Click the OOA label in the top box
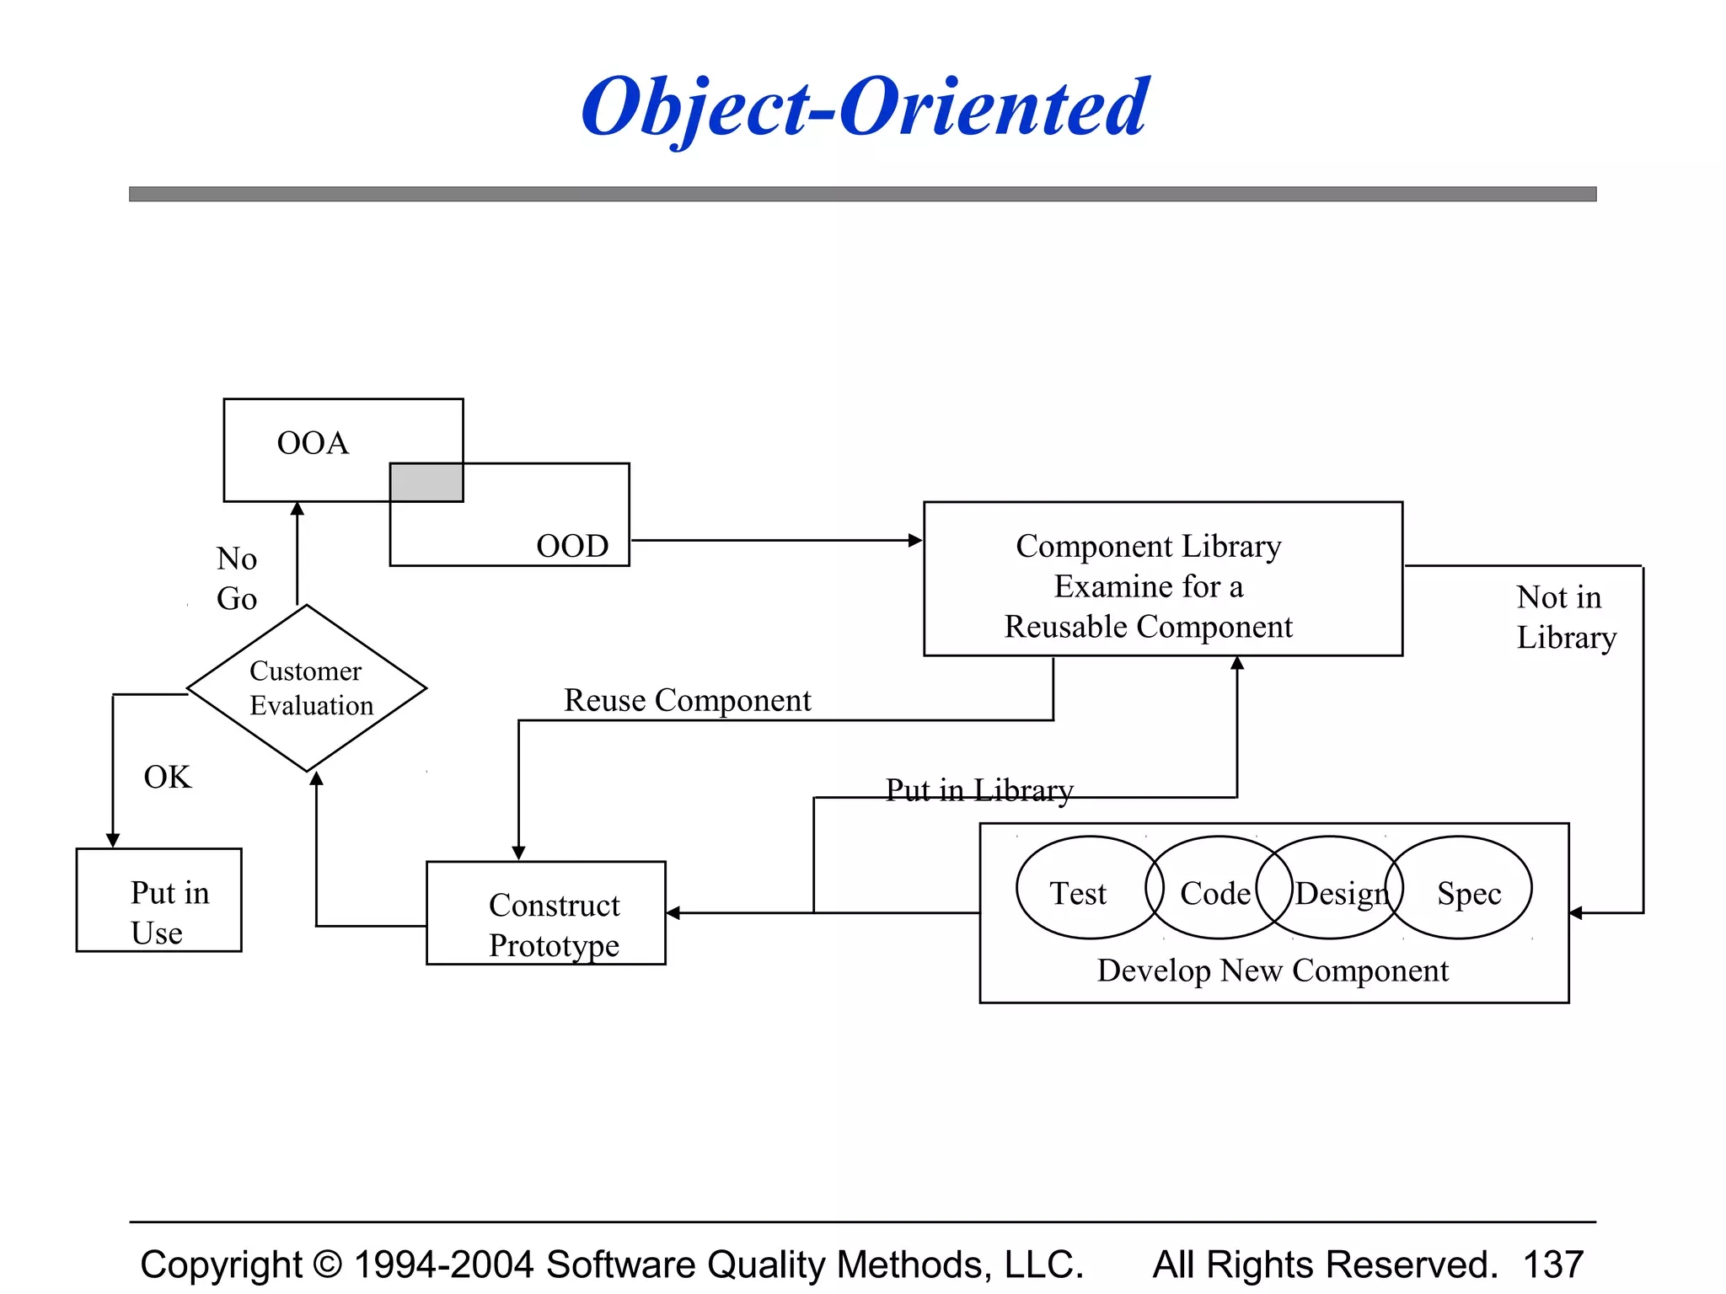coord(313,443)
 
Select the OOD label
coord(572,546)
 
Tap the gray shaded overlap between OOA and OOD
coord(426,483)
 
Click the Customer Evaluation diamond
coord(307,688)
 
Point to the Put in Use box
coord(159,900)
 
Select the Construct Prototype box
coord(546,912)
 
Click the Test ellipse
coord(1078,893)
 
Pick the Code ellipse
coord(1214,893)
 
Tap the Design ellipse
coord(1340,893)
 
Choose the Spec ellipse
coord(1469,893)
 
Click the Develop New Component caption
coord(1273,970)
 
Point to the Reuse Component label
coord(687,700)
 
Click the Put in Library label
coord(979,789)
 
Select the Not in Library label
coord(1565,618)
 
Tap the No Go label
coord(237,579)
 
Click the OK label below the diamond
coord(168,777)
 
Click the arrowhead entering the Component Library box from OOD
coord(915,540)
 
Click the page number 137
coord(1553,1264)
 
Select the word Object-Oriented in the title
coord(865,108)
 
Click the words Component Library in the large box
coord(1148,546)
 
